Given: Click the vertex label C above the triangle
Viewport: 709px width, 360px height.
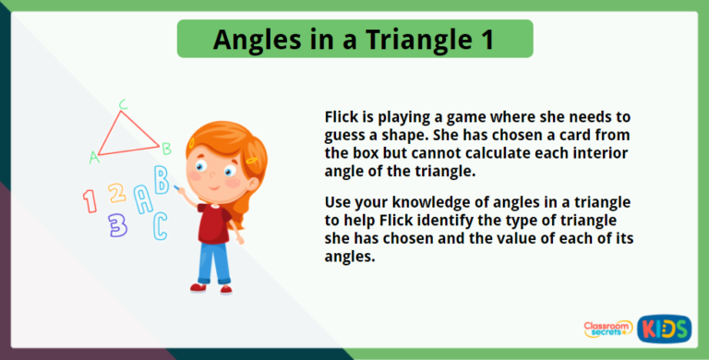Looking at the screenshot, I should click(x=123, y=103).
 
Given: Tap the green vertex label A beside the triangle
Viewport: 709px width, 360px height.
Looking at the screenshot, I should click(x=93, y=158).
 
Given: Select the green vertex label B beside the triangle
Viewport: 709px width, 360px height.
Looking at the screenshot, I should click(x=166, y=148).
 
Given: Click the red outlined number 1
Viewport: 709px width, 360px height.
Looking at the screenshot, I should click(x=90, y=200).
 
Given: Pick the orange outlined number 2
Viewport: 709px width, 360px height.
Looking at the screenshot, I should click(x=115, y=193).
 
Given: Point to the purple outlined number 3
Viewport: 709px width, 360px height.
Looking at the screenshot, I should click(x=117, y=224).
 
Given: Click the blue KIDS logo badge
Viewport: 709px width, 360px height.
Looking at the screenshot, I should click(x=663, y=329).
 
